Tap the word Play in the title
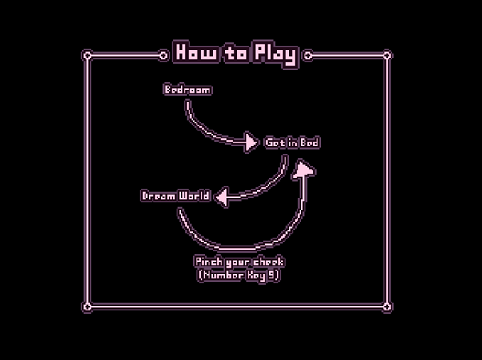click(276, 54)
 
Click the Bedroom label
click(188, 90)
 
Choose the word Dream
click(158, 196)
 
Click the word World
click(194, 196)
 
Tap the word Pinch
click(209, 262)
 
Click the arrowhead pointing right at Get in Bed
click(251, 142)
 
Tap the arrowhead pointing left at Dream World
click(222, 197)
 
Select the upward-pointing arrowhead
click(303, 169)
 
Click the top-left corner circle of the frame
click(87, 56)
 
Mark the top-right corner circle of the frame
click(387, 56)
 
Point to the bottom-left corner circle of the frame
click(87, 306)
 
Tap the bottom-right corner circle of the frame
click(387, 306)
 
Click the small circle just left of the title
click(164, 56)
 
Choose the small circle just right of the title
click(308, 56)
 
